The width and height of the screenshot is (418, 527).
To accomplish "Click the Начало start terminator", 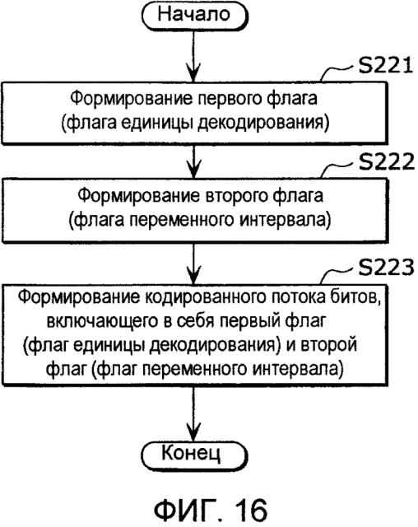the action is click(x=194, y=16).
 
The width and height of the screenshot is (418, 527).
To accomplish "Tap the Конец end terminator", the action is click(x=194, y=455).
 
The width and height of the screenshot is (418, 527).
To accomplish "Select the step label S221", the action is click(x=385, y=65).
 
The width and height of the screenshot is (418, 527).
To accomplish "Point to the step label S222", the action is click(x=386, y=162).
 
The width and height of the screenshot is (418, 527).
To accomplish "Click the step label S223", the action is click(x=386, y=268).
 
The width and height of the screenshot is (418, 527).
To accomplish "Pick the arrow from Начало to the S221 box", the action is click(x=193, y=57).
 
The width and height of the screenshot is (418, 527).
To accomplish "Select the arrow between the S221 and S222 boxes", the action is click(x=193, y=161).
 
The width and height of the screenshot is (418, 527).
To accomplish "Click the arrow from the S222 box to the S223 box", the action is click(x=193, y=263).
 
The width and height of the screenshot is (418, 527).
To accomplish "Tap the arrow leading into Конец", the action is click(x=193, y=413).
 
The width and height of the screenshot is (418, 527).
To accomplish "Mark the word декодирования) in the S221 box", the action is click(x=262, y=124).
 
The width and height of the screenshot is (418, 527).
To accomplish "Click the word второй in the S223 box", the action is click(x=328, y=345).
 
